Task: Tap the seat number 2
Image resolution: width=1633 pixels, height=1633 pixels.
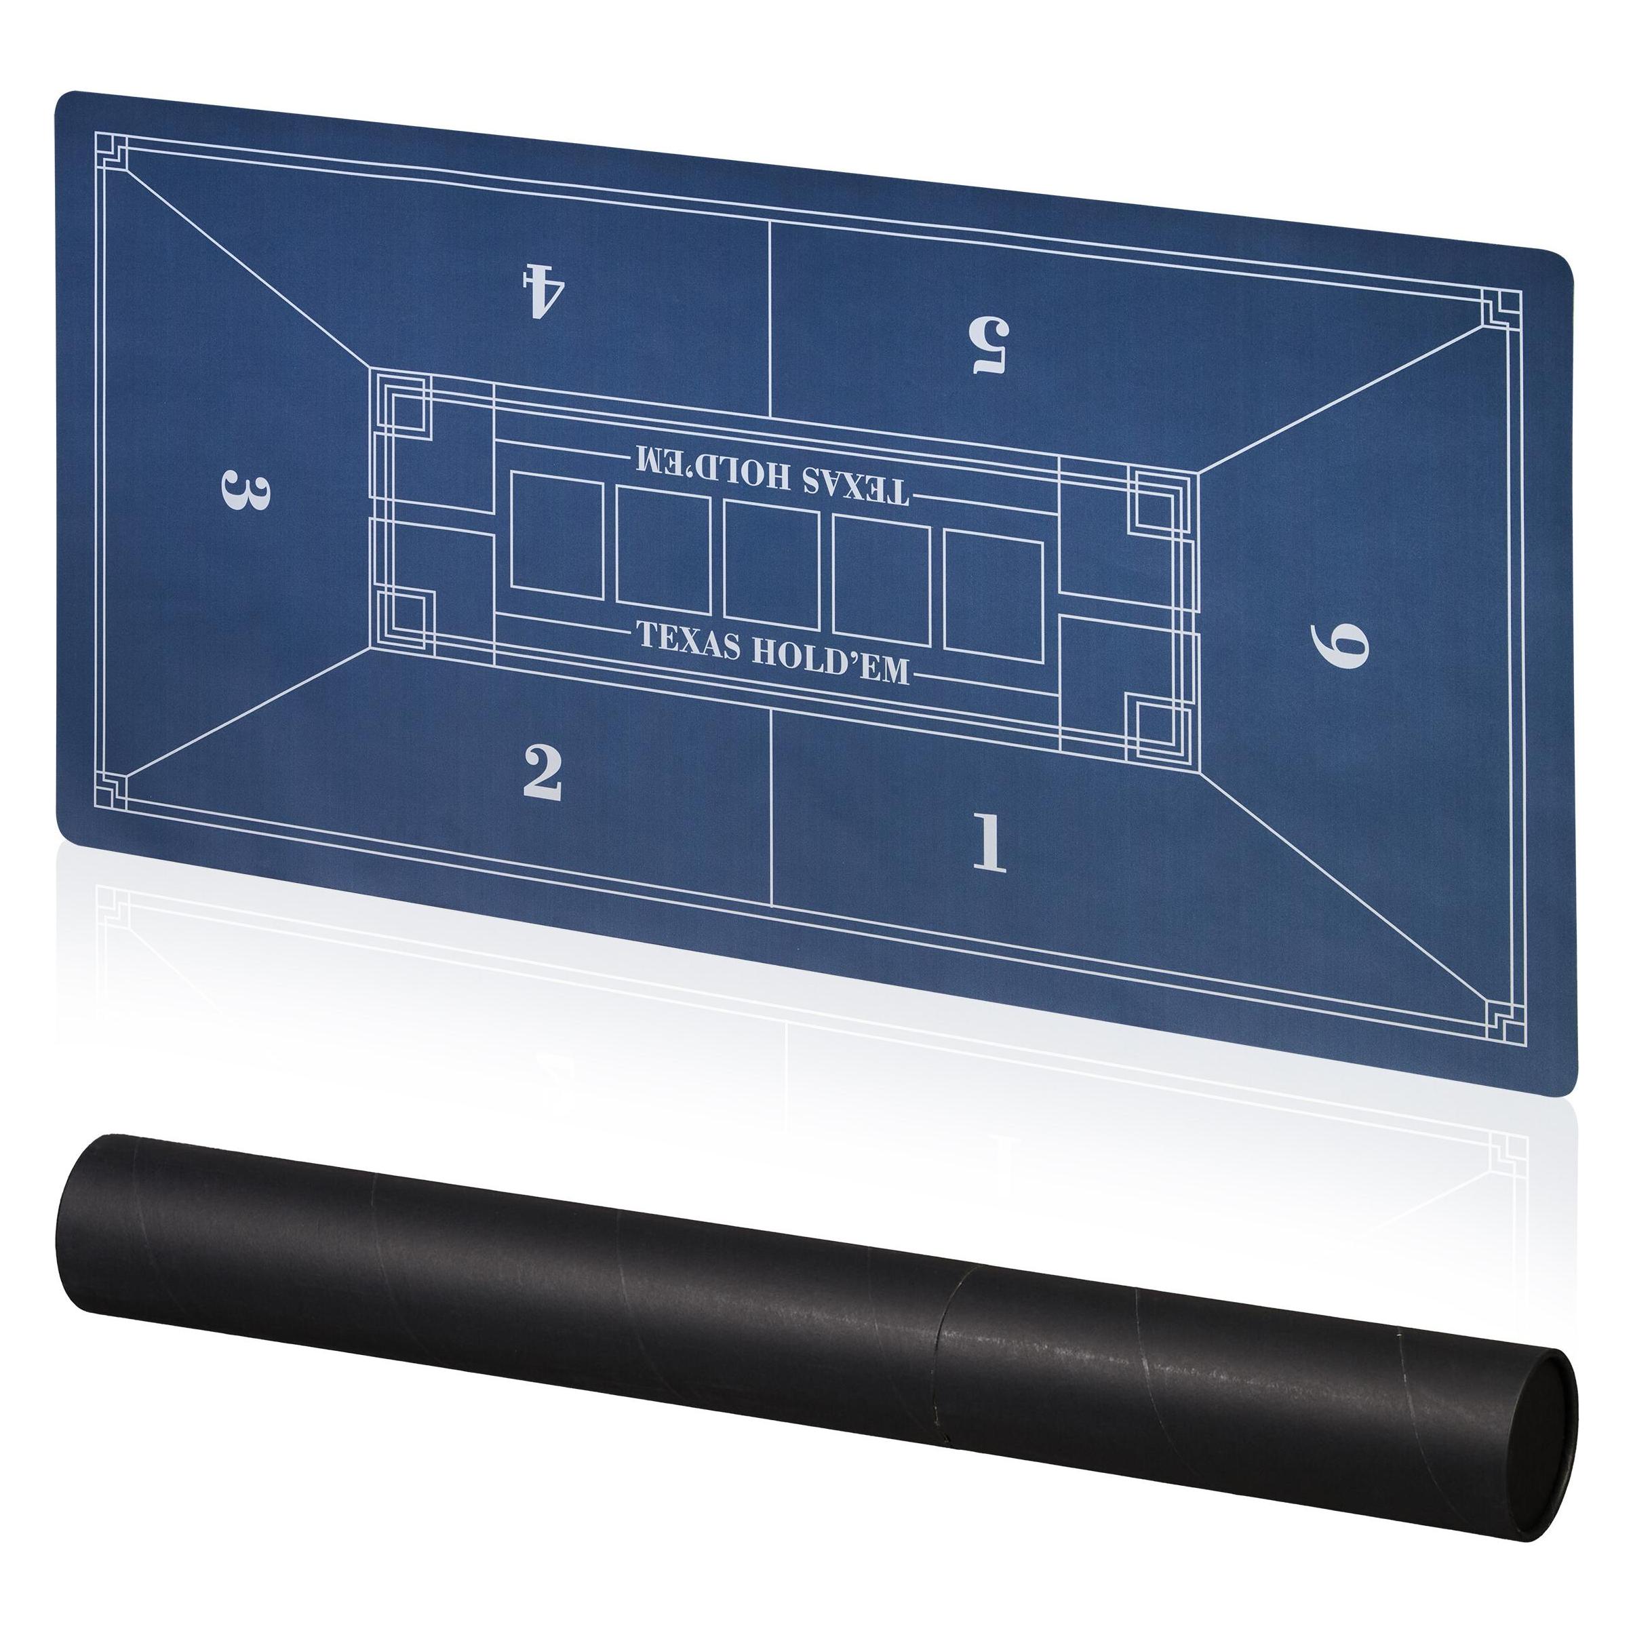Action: coord(543,772)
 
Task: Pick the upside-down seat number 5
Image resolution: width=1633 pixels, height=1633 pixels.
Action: coord(990,344)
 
